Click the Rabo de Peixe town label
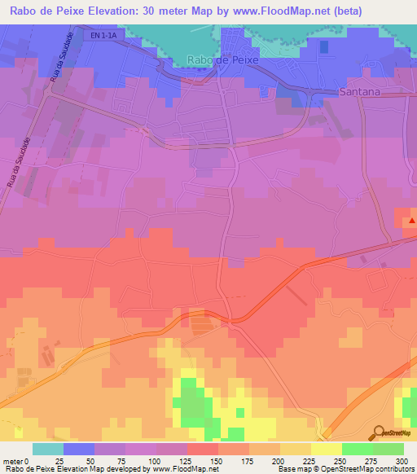pos(222,60)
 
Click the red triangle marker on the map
pos(412,219)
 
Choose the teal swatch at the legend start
pos(48,448)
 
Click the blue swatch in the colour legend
pos(79,448)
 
